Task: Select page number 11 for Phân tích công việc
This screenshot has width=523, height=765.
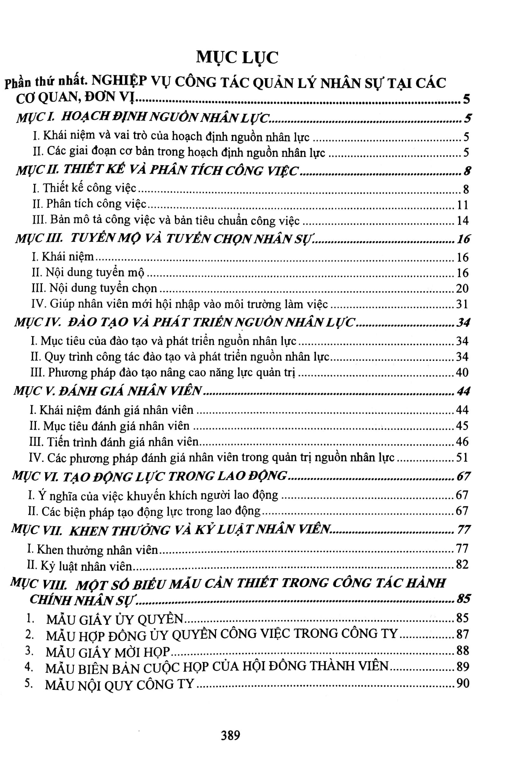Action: pos(462,205)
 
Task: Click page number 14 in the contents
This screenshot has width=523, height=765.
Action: pos(462,220)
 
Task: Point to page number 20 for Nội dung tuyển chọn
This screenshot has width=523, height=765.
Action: pos(462,288)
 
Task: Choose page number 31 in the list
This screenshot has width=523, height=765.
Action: pos(462,304)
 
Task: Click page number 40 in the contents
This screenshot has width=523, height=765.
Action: pos(462,373)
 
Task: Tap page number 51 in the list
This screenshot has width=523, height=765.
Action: pos(462,457)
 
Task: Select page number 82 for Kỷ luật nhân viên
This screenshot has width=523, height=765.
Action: pos(462,565)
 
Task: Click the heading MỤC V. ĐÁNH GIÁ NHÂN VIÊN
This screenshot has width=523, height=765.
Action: pos(108,391)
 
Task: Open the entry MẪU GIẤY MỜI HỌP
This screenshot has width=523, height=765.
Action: pos(108,652)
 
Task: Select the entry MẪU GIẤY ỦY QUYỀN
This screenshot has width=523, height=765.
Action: pos(115,619)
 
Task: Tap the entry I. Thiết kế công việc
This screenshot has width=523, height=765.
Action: pos(84,188)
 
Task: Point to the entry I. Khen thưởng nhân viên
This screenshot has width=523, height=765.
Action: pos(93,549)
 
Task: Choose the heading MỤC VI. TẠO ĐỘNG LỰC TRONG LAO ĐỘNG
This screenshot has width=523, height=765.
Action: pos(149,476)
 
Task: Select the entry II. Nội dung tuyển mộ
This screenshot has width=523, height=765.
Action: pos(88,273)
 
